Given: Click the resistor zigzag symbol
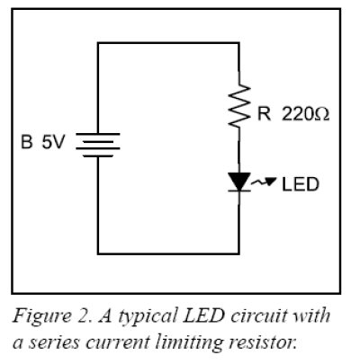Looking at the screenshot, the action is [x=239, y=105].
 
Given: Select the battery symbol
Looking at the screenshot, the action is [x=98, y=145].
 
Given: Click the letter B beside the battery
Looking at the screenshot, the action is [x=27, y=142].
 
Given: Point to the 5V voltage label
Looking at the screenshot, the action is [x=53, y=142].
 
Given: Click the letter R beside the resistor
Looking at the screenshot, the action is [x=264, y=114].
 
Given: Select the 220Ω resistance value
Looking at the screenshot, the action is [x=305, y=114].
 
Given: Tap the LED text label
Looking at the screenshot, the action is [x=301, y=184].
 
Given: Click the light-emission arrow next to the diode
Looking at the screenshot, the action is [x=264, y=182].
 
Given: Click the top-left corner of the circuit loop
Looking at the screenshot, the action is [x=98, y=43].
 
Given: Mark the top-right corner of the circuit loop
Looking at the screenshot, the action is [x=238, y=43].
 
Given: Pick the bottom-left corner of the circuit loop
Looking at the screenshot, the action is [x=98, y=254].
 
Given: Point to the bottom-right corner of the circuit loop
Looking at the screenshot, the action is [x=238, y=254].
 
